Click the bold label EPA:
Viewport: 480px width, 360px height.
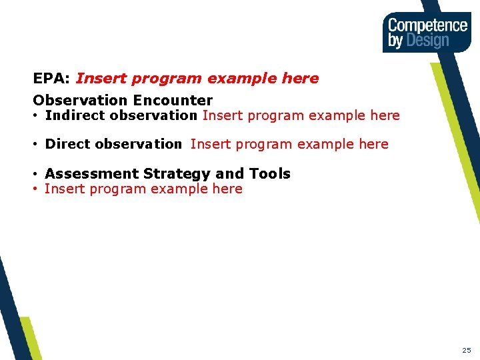pyautogui.click(x=52, y=79)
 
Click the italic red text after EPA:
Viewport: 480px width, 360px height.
pyautogui.click(x=197, y=79)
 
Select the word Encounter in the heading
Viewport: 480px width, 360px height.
pyautogui.click(x=173, y=101)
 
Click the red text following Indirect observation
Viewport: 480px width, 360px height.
pyautogui.click(x=301, y=115)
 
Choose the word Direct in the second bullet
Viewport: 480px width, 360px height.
pyautogui.click(x=67, y=144)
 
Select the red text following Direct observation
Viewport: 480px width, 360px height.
pyautogui.click(x=289, y=144)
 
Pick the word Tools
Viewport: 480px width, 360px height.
pyautogui.click(x=270, y=174)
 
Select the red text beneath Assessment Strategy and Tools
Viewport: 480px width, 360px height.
pyautogui.click(x=143, y=189)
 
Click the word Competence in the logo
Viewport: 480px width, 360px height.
pyautogui.click(x=427, y=25)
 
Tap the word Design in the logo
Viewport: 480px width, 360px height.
pyautogui.click(x=428, y=41)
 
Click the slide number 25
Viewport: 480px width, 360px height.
pyautogui.click(x=466, y=350)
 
